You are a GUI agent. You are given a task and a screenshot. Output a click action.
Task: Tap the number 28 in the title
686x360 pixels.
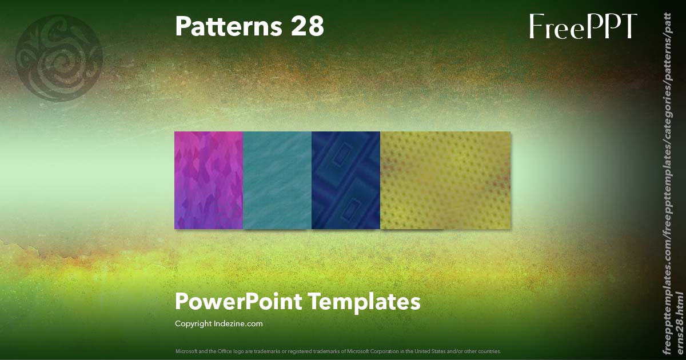[308, 26]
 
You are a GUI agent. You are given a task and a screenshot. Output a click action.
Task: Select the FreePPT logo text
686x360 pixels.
[583, 26]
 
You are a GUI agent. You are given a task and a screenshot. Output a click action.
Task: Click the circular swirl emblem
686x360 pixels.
[59, 58]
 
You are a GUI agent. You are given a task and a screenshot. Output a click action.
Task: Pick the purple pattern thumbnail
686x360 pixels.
[209, 180]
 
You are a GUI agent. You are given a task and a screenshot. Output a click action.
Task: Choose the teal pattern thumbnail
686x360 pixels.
[277, 180]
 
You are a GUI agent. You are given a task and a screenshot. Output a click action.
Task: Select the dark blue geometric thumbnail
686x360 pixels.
[346, 180]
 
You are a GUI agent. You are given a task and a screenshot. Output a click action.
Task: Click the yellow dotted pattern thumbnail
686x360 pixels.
[445, 180]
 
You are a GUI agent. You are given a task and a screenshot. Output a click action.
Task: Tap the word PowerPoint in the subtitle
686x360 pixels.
[238, 302]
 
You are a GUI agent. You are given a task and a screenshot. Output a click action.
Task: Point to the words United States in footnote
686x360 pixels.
[418, 351]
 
